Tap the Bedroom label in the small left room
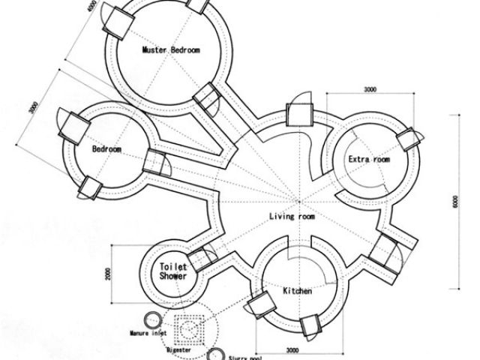pos(107,149)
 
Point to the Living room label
pos(292,217)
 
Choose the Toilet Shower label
pos(173,271)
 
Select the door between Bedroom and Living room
pos(157,161)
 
